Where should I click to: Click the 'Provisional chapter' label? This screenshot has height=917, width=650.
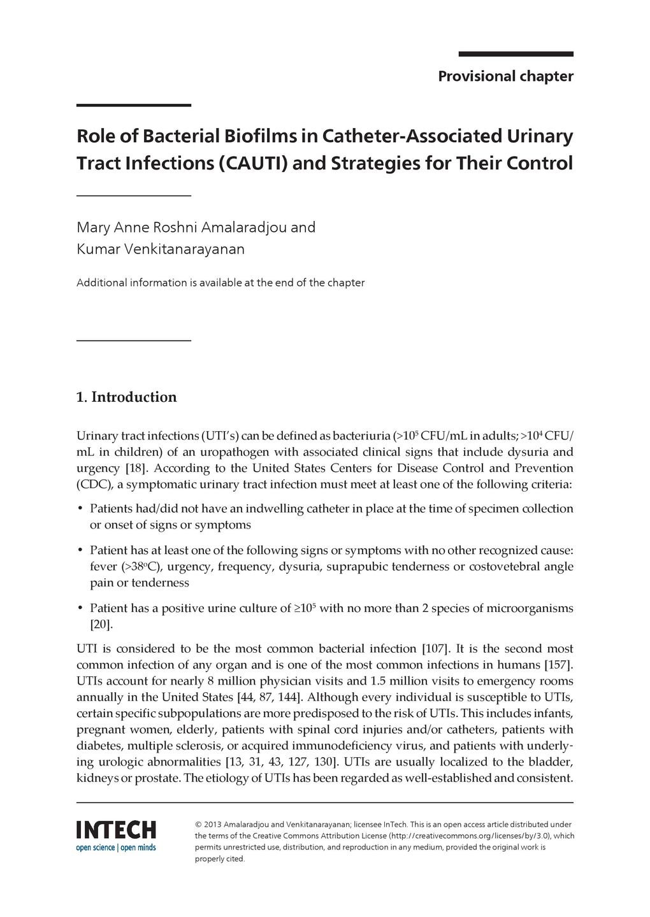click(505, 76)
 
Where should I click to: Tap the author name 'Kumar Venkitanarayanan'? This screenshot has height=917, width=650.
click(161, 249)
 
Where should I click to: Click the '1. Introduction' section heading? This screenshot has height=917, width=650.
click(126, 397)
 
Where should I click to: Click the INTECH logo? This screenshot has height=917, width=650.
click(116, 830)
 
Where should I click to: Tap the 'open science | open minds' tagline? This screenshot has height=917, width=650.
click(116, 848)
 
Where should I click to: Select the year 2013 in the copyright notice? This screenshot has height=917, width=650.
click(212, 824)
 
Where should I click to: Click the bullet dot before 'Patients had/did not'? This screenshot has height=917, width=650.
click(80, 509)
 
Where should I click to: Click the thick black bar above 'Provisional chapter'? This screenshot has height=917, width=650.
click(516, 55)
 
